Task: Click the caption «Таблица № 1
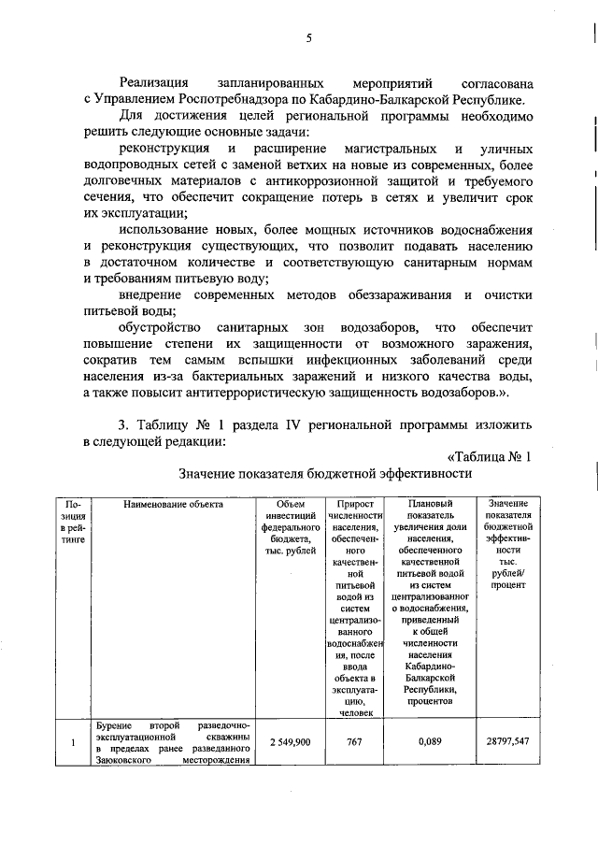pyautogui.click(x=489, y=456)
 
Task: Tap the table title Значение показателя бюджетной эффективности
pyautogui.click(x=325, y=474)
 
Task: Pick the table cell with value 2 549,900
pyautogui.click(x=290, y=741)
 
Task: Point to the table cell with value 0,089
pyautogui.click(x=430, y=741)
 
